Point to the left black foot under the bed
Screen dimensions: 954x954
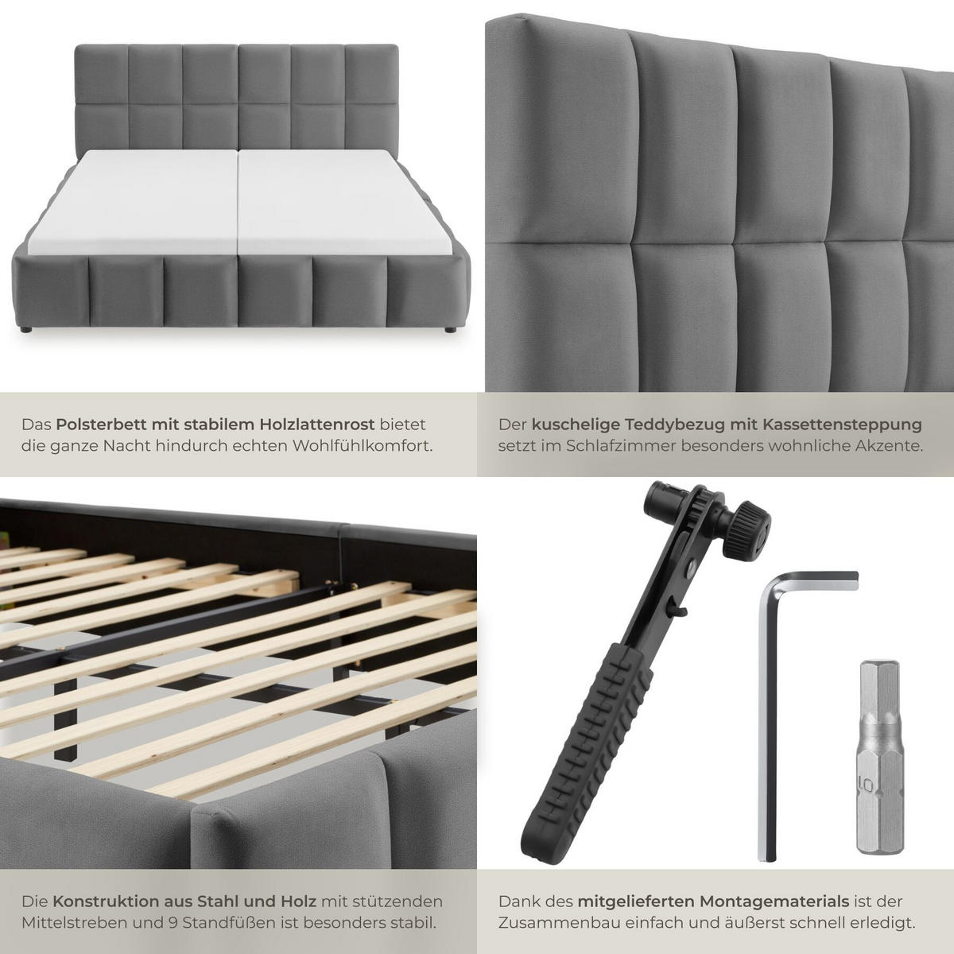pos(26,328)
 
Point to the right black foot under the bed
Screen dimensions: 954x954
pos(449,329)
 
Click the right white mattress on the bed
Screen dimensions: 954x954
pos(342,203)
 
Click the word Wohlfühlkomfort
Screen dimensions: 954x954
pos(363,446)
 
